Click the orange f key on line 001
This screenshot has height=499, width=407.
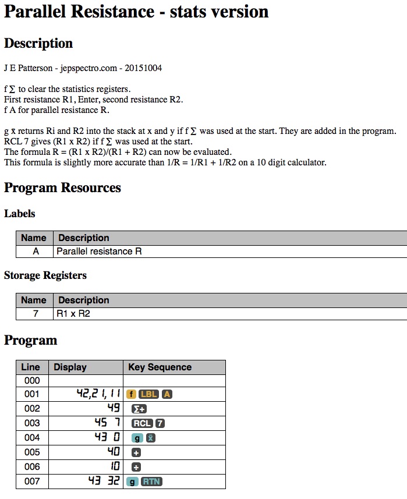(131, 394)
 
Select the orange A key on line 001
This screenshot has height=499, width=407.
(167, 394)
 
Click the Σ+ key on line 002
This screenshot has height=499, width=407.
(135, 409)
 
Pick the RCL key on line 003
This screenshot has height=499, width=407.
(142, 423)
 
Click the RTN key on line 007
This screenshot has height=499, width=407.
(152, 482)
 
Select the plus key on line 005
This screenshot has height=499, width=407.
(136, 452)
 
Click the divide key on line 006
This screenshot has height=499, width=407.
(136, 467)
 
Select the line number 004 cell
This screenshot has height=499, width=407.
(32, 438)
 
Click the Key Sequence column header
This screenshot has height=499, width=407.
(160, 367)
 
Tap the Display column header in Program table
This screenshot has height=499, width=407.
(70, 367)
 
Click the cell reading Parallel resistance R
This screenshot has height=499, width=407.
(99, 252)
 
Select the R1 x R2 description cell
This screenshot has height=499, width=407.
(75, 314)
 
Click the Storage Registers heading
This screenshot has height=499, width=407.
(45, 275)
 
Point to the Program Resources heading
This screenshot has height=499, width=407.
(62, 188)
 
